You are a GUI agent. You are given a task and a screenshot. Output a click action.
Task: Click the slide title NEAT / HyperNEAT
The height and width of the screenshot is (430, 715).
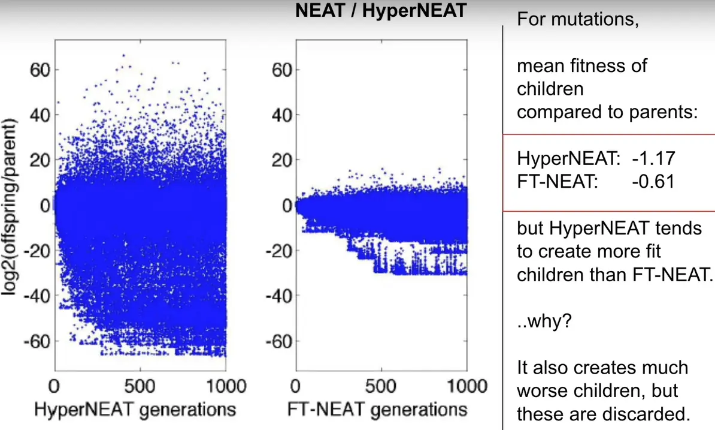click(380, 11)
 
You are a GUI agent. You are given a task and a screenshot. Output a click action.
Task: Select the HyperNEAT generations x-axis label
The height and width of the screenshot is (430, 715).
click(135, 410)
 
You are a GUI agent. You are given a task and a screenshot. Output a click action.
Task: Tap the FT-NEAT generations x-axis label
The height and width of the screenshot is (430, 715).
click(378, 410)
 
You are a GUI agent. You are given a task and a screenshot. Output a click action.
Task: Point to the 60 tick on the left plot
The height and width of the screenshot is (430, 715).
click(41, 70)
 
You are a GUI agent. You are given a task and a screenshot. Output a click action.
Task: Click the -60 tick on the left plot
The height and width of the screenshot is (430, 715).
click(37, 341)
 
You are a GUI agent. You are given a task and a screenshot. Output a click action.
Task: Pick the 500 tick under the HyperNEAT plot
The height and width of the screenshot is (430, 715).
click(141, 386)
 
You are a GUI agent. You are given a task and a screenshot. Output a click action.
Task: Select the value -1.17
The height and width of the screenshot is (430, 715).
click(653, 159)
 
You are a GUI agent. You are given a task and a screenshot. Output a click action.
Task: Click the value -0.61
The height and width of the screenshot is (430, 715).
click(653, 181)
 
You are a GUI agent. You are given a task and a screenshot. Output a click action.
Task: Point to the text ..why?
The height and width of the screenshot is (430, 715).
click(544, 321)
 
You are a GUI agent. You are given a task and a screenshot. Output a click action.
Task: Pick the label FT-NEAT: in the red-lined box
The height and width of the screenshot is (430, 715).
click(558, 181)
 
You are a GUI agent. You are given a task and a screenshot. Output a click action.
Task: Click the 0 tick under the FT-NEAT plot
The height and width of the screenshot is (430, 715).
click(295, 386)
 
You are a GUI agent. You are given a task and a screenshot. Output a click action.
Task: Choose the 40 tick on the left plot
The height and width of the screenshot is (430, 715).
click(41, 115)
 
